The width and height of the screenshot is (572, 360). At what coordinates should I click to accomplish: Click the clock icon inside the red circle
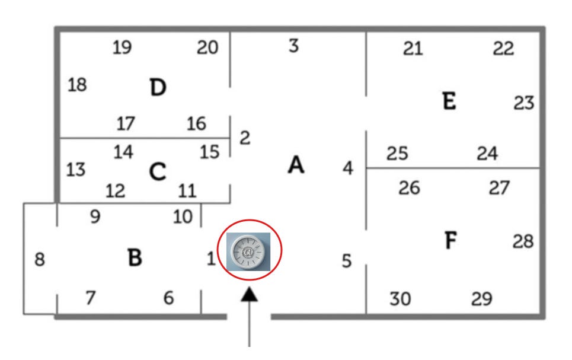click(249, 251)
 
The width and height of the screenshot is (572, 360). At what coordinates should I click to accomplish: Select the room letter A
click(295, 165)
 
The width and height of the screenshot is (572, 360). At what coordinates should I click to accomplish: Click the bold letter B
click(135, 257)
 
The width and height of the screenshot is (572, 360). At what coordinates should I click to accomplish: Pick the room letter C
click(157, 172)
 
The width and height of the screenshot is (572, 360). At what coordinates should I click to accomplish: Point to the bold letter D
click(158, 88)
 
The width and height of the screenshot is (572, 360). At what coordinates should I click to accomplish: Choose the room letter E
click(449, 101)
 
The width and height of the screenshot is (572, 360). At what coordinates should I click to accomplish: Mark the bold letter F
click(450, 241)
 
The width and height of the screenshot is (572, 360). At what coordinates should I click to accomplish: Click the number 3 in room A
click(293, 46)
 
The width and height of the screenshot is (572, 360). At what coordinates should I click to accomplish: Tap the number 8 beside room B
click(40, 260)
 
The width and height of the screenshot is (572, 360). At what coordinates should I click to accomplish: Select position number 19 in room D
click(122, 47)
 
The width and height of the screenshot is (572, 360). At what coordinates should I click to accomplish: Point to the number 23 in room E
click(524, 104)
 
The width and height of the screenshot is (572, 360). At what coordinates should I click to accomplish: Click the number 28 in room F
click(523, 242)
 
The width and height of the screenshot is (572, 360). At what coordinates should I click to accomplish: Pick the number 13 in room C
click(75, 170)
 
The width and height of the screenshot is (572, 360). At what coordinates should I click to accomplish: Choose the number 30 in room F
click(400, 300)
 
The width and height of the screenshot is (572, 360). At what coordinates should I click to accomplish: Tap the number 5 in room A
click(347, 260)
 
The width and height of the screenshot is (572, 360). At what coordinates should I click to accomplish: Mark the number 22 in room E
click(503, 49)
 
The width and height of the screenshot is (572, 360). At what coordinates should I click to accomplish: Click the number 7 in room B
click(90, 297)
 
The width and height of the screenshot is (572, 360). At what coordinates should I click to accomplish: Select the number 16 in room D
click(196, 124)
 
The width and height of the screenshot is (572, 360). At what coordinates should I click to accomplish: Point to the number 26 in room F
click(409, 188)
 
